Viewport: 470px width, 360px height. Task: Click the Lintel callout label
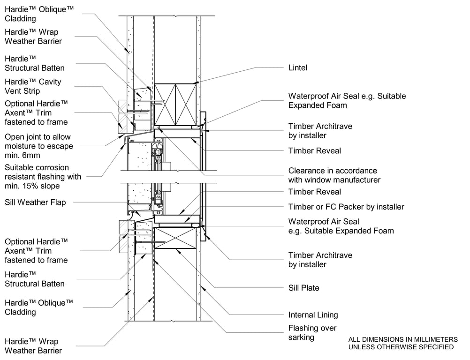pos(297,68)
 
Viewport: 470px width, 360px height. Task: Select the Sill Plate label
pos(303,288)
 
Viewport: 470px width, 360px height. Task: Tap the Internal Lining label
pos(313,315)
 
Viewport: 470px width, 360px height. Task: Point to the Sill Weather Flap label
pos(35,202)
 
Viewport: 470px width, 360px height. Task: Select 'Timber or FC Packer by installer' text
pos(346,207)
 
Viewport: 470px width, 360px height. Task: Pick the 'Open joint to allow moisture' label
pos(38,146)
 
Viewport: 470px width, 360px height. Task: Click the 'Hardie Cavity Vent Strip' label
pos(33,86)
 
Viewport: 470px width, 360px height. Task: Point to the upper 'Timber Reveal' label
pos(314,151)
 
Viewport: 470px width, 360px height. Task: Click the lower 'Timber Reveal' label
pos(314,192)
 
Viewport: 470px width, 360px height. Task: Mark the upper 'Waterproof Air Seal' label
pos(347,101)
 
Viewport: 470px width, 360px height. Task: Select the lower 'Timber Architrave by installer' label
pos(320,260)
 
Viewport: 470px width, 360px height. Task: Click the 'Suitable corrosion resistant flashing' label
pos(43,177)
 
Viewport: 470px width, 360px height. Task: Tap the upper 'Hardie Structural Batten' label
pos(35,63)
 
